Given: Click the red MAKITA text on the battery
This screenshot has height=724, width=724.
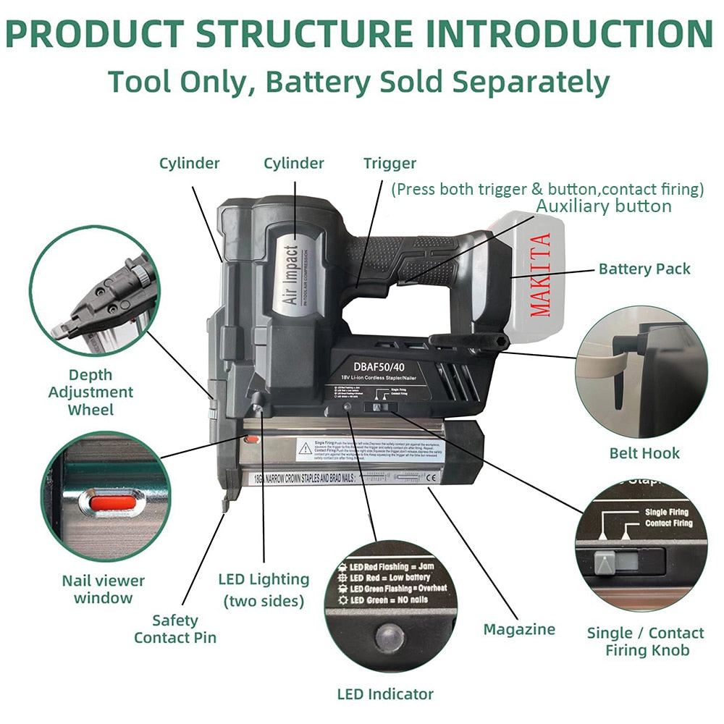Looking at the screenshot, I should [541, 274].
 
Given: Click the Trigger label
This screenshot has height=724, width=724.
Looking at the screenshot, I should [390, 164].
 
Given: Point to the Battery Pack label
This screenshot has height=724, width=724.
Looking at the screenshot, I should [644, 269].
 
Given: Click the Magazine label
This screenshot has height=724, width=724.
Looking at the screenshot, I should [519, 629].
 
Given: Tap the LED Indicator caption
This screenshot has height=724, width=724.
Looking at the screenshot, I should [385, 694].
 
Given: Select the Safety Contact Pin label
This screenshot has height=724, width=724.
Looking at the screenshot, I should [175, 629].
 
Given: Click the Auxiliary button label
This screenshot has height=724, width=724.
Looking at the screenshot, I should [603, 206].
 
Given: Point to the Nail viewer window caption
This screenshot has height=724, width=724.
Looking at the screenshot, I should [103, 589].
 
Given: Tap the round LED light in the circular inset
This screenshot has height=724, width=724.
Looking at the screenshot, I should [389, 639].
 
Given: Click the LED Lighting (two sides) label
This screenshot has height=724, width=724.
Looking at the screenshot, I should [264, 589].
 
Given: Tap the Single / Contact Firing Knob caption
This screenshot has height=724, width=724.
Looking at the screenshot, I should [646, 641].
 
